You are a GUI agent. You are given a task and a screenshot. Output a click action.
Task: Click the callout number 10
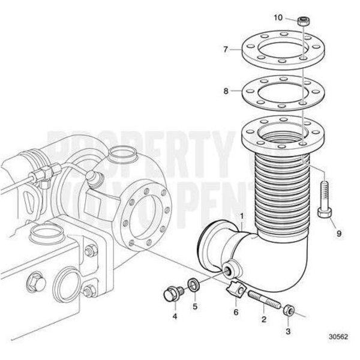278,18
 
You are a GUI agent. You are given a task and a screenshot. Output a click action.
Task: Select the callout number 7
226,49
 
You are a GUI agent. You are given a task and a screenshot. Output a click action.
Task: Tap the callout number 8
226,91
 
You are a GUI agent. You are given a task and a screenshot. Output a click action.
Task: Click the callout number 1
241,215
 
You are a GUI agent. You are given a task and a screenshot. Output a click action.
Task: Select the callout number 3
288,331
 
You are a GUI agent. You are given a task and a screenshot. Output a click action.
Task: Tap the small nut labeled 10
304,22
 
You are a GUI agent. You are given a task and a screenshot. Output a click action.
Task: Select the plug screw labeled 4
170,295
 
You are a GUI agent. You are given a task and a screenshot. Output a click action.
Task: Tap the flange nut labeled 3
288,311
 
